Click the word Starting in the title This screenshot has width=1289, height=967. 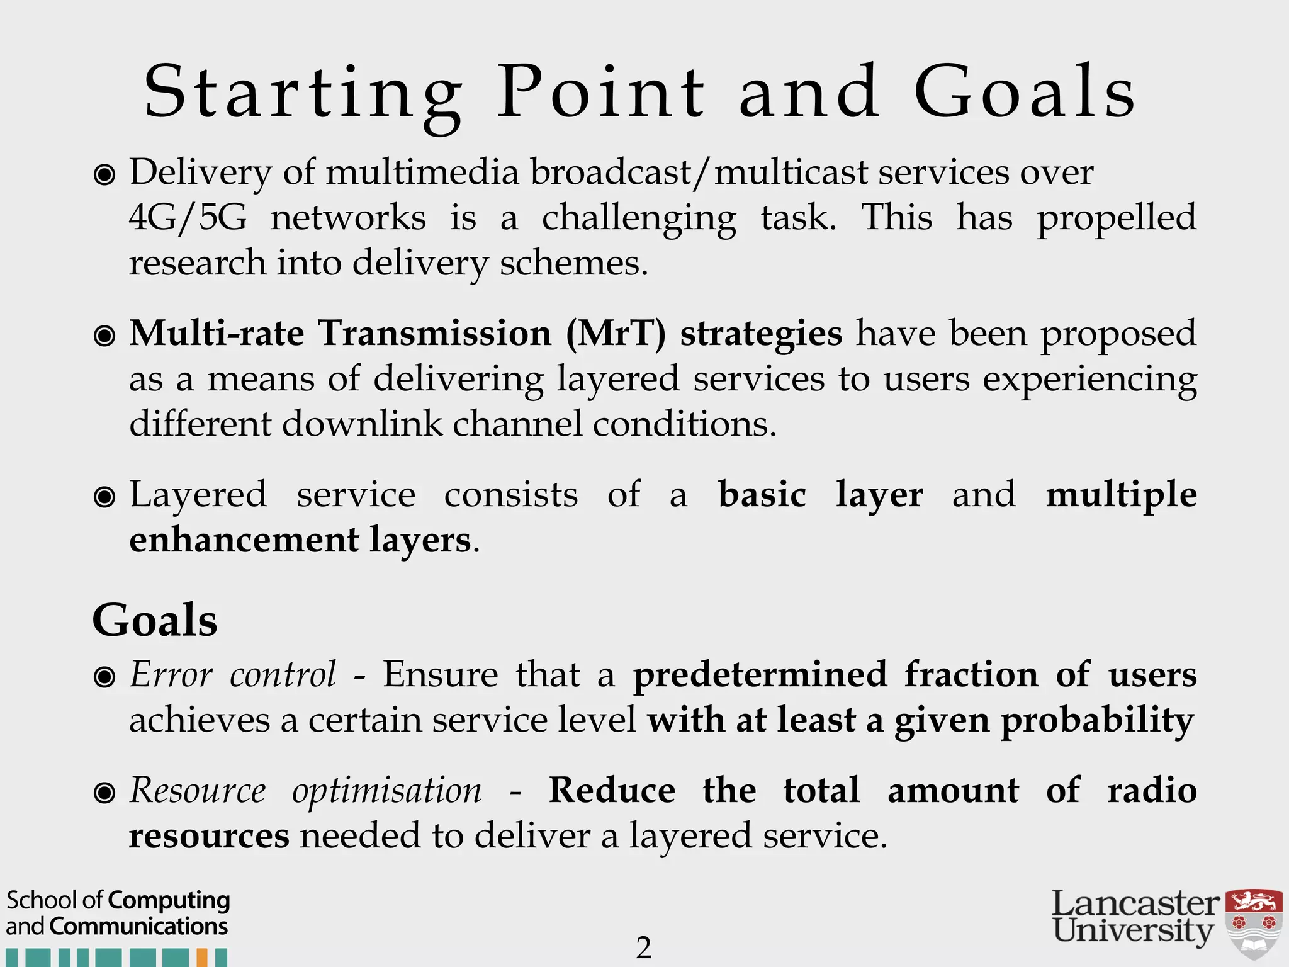(x=302, y=94)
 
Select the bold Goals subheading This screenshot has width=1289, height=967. (x=155, y=621)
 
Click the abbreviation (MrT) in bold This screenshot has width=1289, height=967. (x=616, y=333)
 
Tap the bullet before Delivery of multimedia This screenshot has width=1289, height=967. (x=104, y=174)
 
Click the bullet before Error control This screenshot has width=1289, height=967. (x=104, y=677)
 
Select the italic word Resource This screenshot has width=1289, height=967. (x=198, y=791)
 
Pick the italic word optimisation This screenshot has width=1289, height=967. (x=387, y=791)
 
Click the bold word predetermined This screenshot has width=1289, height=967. (x=760, y=675)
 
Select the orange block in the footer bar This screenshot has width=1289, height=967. (x=202, y=958)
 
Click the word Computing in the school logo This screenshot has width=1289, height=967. (x=169, y=900)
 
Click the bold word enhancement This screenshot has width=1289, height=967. (x=244, y=540)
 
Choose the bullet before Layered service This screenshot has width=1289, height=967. (x=104, y=497)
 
